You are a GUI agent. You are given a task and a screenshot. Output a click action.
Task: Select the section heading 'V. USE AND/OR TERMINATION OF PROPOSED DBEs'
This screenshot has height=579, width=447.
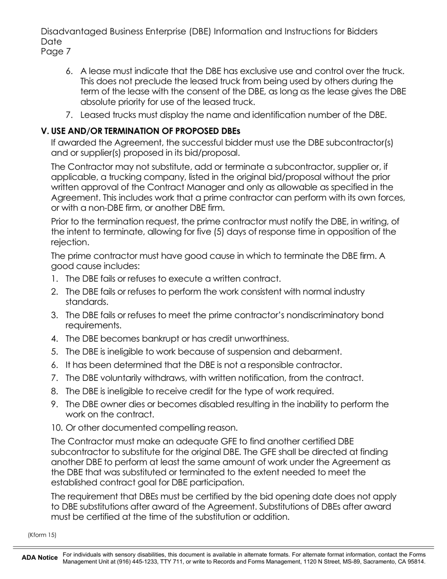[141, 130]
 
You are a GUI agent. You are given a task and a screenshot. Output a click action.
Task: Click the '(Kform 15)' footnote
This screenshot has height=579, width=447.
[42, 535]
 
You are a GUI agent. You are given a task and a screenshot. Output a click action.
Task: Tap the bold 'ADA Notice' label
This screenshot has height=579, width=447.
[40, 558]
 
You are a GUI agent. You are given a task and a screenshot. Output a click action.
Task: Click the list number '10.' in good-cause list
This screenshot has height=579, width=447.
[57, 428]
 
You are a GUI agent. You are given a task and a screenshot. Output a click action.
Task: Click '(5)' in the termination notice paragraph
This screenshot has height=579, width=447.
[221, 232]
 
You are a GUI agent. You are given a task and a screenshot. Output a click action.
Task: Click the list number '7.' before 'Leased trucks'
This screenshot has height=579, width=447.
[69, 115]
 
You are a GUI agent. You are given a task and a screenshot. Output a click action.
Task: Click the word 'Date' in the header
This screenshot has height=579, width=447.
[51, 41]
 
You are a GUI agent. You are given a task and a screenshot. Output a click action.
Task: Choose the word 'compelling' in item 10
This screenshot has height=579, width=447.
[183, 428]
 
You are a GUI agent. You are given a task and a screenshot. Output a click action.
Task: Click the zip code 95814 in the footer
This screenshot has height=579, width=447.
[416, 562]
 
